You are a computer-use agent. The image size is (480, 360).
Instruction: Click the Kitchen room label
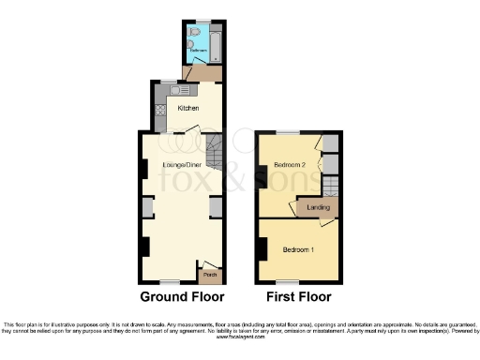188,108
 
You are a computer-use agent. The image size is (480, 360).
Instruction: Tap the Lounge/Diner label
181,165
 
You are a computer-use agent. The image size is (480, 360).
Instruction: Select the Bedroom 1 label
299,249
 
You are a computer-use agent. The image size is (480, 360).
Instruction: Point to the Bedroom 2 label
290,166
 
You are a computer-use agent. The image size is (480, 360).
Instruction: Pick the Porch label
209,274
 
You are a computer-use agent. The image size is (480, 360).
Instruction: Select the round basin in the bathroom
190,43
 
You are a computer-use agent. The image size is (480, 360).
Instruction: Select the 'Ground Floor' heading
182,297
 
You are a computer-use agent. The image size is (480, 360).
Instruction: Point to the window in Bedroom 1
287,281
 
